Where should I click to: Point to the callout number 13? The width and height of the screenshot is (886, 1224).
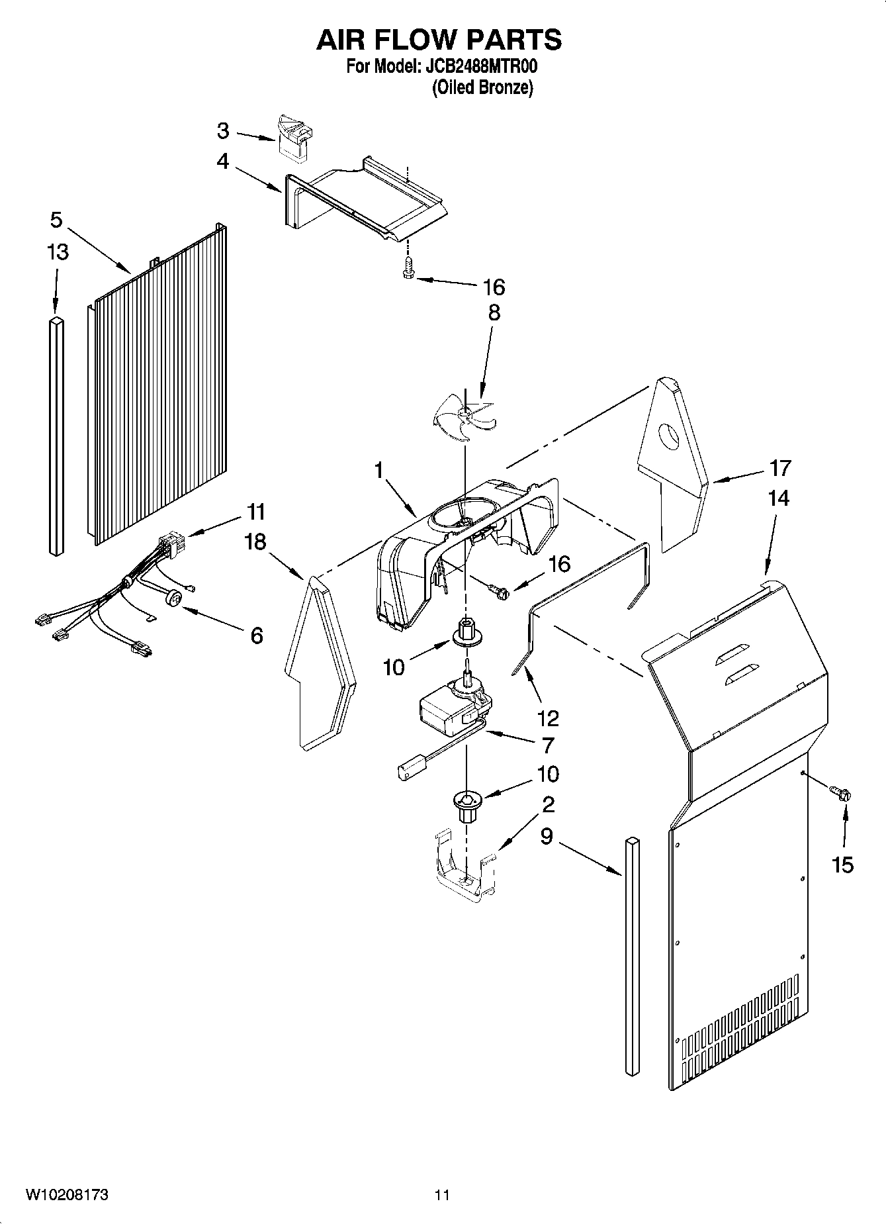tap(58, 252)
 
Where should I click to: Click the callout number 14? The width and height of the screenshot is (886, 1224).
tap(778, 498)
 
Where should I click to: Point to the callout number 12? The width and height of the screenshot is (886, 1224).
tap(549, 718)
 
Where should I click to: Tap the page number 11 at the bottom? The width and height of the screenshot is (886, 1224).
tap(443, 1195)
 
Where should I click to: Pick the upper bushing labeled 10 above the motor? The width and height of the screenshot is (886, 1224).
tap(466, 632)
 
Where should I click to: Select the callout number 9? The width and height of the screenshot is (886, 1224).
tap(546, 836)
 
